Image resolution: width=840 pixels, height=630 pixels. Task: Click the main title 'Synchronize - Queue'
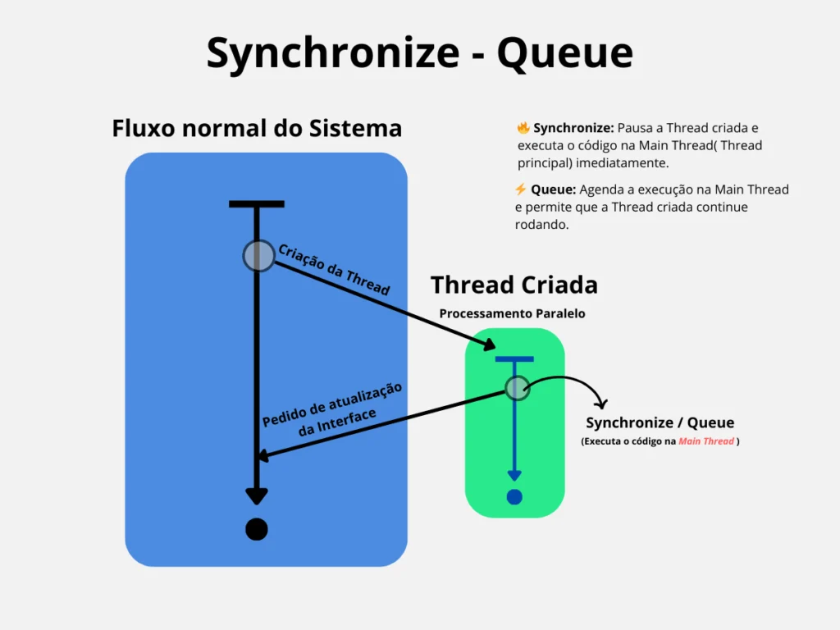coord(419,53)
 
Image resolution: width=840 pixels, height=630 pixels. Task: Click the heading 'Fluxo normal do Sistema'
coord(257,129)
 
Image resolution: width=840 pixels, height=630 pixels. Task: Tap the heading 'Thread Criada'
coord(514,285)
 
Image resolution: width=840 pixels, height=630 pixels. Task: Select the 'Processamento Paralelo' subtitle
coord(512,313)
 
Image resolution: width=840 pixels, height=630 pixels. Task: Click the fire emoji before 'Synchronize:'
coord(523,128)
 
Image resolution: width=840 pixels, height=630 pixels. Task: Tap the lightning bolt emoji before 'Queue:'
coord(520,189)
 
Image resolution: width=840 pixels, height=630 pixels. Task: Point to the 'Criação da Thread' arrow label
coord(333,269)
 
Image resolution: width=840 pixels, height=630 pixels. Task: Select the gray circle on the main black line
coord(258,256)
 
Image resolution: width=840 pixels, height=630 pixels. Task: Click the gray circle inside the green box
coord(517,388)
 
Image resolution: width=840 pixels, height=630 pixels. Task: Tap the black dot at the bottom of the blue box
coord(257,530)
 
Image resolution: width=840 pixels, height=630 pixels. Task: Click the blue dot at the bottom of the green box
coord(514,496)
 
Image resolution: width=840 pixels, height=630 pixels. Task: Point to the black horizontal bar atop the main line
coord(257,203)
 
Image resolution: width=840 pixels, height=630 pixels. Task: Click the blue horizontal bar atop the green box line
coord(514,358)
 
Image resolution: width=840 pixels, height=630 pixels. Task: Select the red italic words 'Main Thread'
coord(705,441)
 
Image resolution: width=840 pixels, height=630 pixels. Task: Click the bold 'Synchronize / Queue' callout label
coord(660,423)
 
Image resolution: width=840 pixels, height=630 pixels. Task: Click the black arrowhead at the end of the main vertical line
coord(257,496)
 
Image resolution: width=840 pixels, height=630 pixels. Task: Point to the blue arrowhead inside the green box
coord(514,475)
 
